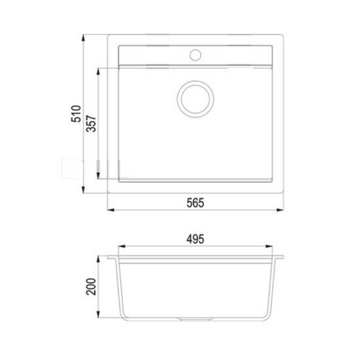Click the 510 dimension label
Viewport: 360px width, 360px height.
coord(77,114)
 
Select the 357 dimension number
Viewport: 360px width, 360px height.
coord(91,124)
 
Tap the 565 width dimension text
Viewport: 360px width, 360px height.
coord(195,203)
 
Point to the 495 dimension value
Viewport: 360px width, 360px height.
coord(195,239)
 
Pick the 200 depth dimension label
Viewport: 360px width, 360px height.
coord(91,287)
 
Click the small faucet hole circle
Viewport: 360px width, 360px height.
coord(195,55)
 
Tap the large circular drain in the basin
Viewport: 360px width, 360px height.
coord(195,99)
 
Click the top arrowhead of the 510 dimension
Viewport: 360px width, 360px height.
coord(83,38)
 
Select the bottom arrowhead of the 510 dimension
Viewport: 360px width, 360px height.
coord(83,189)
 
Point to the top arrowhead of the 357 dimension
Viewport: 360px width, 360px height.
coord(98,72)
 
